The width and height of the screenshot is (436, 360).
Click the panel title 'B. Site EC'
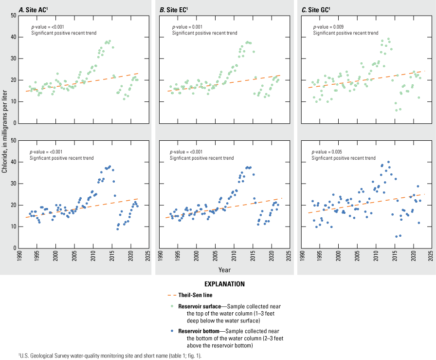click(x=177, y=8)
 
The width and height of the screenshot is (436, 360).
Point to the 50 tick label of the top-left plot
click(x=14, y=16)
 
